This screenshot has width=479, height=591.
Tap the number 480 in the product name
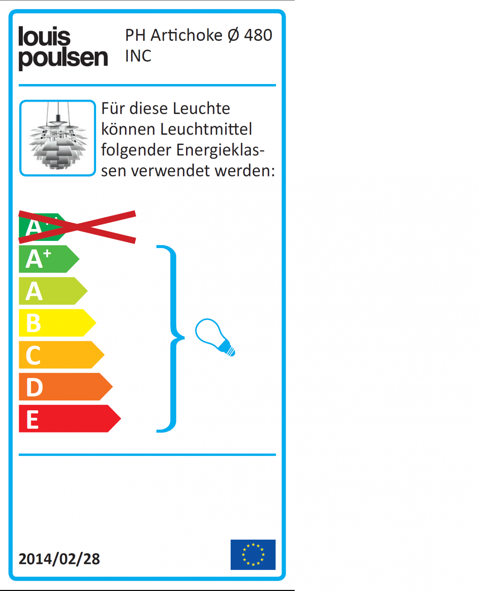pyautogui.click(x=258, y=35)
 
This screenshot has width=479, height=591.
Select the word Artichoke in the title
pyautogui.click(x=186, y=35)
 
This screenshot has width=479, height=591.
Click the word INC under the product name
pyautogui.click(x=138, y=56)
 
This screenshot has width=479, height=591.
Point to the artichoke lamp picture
pyautogui.click(x=58, y=138)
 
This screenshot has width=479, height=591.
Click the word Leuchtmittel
pyautogui.click(x=206, y=129)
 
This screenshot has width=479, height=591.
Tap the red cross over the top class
pyautogui.click(x=77, y=227)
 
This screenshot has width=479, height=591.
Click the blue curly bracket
pyautogui.click(x=173, y=339)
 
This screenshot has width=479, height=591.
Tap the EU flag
pyautogui.click(x=253, y=555)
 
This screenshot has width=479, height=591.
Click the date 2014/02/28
pyautogui.click(x=59, y=559)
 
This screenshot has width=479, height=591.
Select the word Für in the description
pyautogui.click(x=113, y=108)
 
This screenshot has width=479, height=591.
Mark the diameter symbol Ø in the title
pyautogui.click(x=233, y=35)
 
